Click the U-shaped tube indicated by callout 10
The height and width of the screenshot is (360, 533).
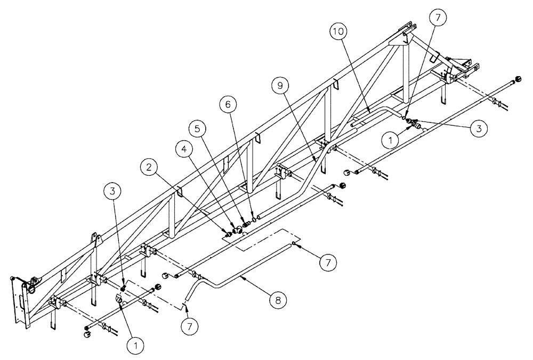[x=373, y=114]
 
